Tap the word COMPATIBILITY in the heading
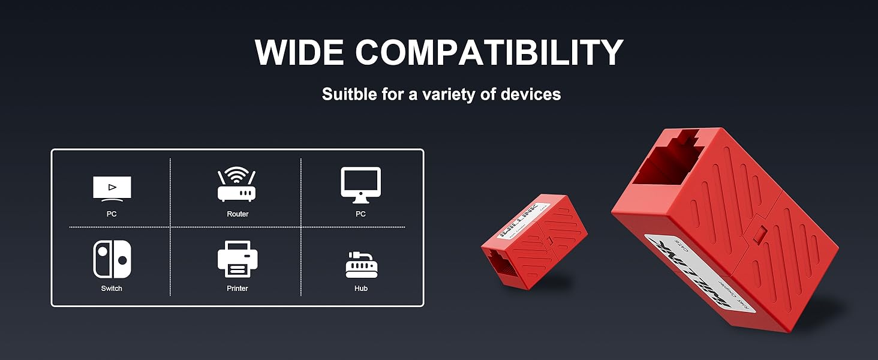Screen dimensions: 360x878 tap(489, 53)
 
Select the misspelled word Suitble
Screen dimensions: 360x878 tap(349, 94)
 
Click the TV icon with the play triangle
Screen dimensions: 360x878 tap(112, 188)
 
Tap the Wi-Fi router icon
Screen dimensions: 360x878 tap(237, 185)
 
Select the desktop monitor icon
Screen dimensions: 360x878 tap(360, 185)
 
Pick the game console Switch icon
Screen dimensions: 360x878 tap(112, 259)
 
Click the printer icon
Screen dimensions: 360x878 tap(237, 259)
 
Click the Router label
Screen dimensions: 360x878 tap(237, 214)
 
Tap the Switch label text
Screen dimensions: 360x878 tap(112, 289)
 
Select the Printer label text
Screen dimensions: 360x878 tap(237, 289)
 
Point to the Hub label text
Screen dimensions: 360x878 tap(361, 289)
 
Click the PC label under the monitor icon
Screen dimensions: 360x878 tap(360, 214)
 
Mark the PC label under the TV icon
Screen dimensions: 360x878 tap(112, 214)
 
